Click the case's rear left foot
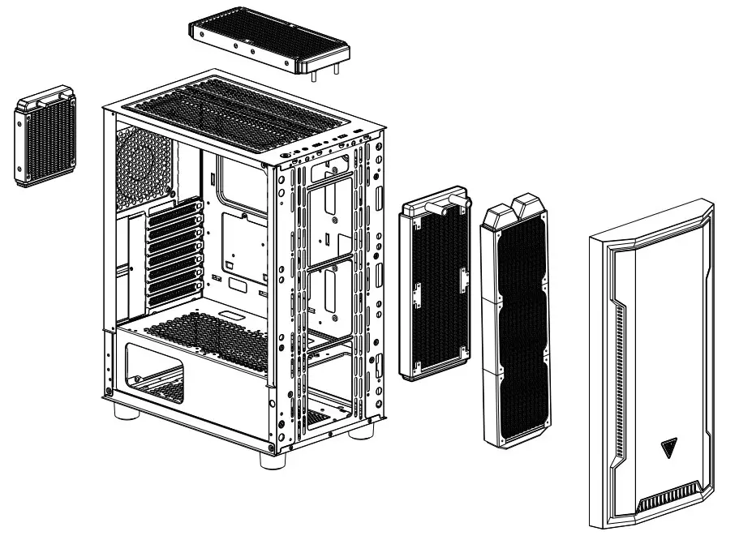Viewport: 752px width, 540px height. [124, 408]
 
